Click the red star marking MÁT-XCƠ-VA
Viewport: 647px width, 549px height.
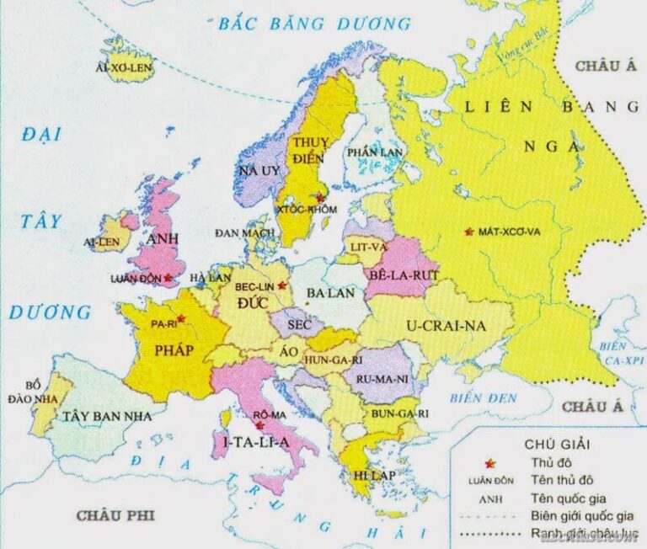468,232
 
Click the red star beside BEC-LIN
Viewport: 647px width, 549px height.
282,286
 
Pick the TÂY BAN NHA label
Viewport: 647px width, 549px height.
107,416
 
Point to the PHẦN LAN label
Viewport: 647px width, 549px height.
370,151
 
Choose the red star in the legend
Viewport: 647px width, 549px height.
487,462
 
